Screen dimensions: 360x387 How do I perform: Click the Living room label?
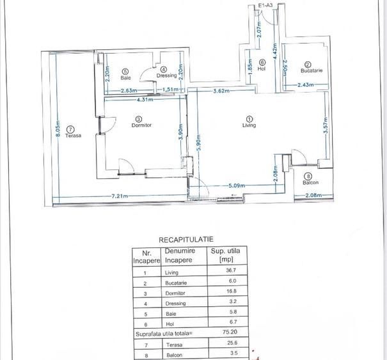pyautogui.click(x=249, y=125)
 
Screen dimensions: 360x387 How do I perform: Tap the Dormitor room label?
pyautogui.click(x=141, y=125)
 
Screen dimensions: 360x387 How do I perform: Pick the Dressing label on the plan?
pyautogui.click(x=166, y=76)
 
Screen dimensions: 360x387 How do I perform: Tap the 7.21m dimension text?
pyautogui.click(x=120, y=196)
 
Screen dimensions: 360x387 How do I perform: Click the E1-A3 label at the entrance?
pyautogui.click(x=264, y=5)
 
